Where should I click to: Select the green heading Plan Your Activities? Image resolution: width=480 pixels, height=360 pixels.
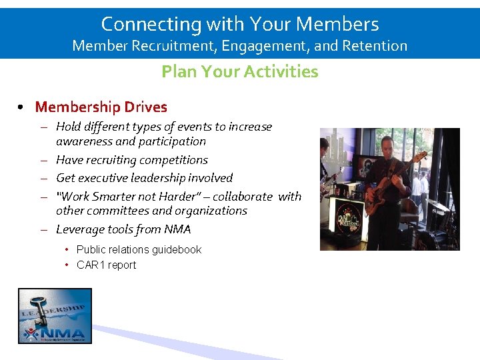239,71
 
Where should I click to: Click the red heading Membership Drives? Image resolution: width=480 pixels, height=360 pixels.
101,107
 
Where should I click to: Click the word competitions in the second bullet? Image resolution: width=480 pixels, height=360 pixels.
175,160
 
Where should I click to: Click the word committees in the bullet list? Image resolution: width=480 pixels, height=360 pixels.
117,211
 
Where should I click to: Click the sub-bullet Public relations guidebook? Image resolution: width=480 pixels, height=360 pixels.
139,249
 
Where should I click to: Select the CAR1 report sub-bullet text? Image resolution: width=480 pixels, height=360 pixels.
106,265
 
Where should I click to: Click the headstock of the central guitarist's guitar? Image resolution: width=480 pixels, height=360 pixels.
419,157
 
